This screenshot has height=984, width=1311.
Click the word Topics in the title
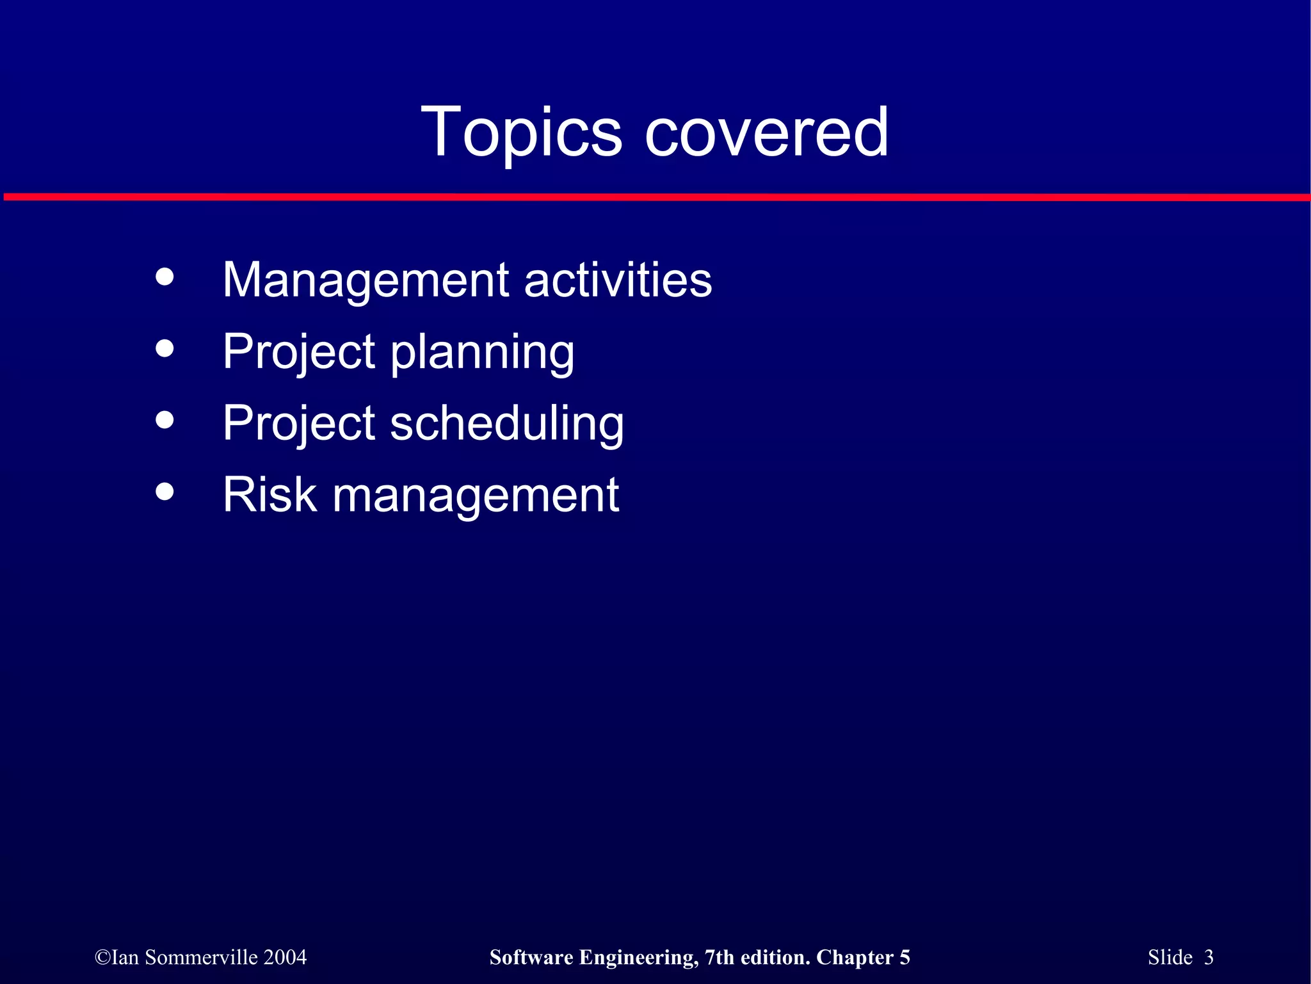[521, 133]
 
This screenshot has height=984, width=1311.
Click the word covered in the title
[766, 133]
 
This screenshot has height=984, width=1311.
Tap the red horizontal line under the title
[655, 197]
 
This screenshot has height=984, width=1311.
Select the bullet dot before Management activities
[165, 277]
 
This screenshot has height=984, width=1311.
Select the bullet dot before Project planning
[165, 348]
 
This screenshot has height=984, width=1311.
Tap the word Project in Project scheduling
[299, 424]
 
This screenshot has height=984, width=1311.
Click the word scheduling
[506, 424]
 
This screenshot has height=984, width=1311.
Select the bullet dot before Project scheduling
[165, 420]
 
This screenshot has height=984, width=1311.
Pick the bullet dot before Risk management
[165, 492]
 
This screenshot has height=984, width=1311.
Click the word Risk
[269, 495]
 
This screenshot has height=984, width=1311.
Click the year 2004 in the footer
[286, 957]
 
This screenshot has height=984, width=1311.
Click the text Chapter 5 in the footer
[863, 957]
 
